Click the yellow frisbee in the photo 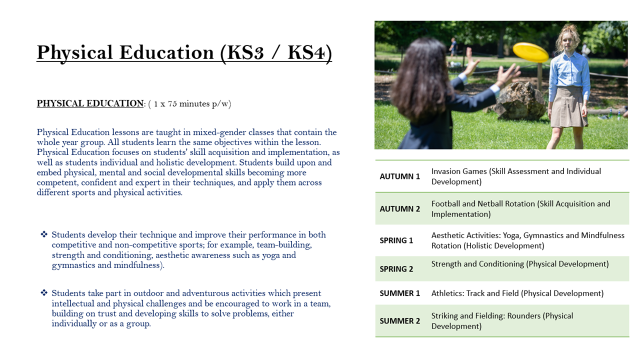click(x=530, y=52)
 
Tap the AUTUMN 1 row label click(x=399, y=176)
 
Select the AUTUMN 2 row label click(x=399, y=209)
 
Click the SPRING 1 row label click(x=396, y=240)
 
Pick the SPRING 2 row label click(x=396, y=269)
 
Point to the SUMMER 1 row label click(x=399, y=293)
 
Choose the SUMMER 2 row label click(x=399, y=321)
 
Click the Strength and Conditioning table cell click(x=520, y=264)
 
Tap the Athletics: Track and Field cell click(x=517, y=293)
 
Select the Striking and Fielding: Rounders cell click(x=502, y=321)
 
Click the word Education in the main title click(x=166, y=52)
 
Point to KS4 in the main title click(x=306, y=52)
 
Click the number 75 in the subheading click(x=172, y=103)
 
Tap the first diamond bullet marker click(x=44, y=234)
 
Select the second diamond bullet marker click(x=44, y=293)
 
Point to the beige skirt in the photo click(x=568, y=106)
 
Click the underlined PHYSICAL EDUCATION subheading click(x=90, y=103)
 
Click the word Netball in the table click(x=490, y=203)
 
